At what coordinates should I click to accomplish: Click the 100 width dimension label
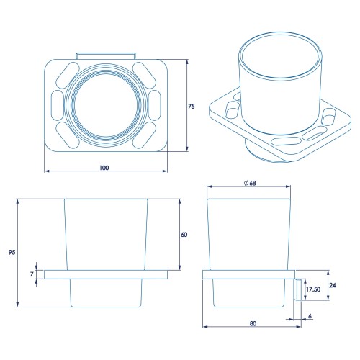pos(104,168)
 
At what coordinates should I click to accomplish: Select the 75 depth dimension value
pos(192,107)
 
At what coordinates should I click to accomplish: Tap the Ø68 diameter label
pos(250,183)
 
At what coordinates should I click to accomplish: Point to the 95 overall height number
pos(12,252)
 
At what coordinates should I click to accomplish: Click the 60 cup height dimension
pos(184,235)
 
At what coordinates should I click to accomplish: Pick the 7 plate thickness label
pos(32,274)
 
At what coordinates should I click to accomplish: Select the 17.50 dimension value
pos(313,289)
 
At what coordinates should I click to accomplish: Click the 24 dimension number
pos(333,285)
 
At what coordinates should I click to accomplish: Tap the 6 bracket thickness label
pos(310,316)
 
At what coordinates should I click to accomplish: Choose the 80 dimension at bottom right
pos(253,323)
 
